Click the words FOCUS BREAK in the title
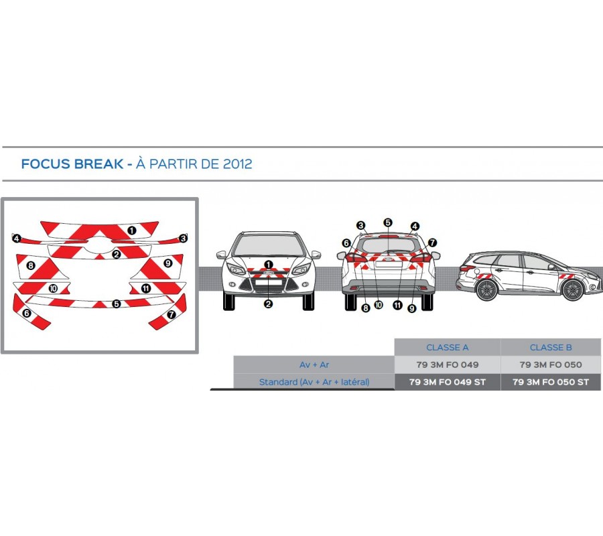pos(72,163)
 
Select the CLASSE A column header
pos(448,348)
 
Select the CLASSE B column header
pos(551,348)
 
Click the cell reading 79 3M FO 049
pos(448,364)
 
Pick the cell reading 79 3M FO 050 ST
pos(551,382)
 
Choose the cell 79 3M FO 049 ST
pos(448,382)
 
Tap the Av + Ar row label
pos(314,364)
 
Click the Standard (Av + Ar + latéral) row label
pos(314,382)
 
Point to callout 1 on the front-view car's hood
pos(269,265)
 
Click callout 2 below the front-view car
pos(268,304)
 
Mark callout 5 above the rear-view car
pos(388,222)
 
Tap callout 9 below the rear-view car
pos(412,308)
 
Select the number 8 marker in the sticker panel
pos(31,265)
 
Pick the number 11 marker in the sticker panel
pos(146,288)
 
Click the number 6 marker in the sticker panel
pos(27,314)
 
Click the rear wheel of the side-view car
pos(487,290)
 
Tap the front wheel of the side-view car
pos(572,290)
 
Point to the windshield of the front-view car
pos(269,245)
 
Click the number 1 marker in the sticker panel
pos(132,230)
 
